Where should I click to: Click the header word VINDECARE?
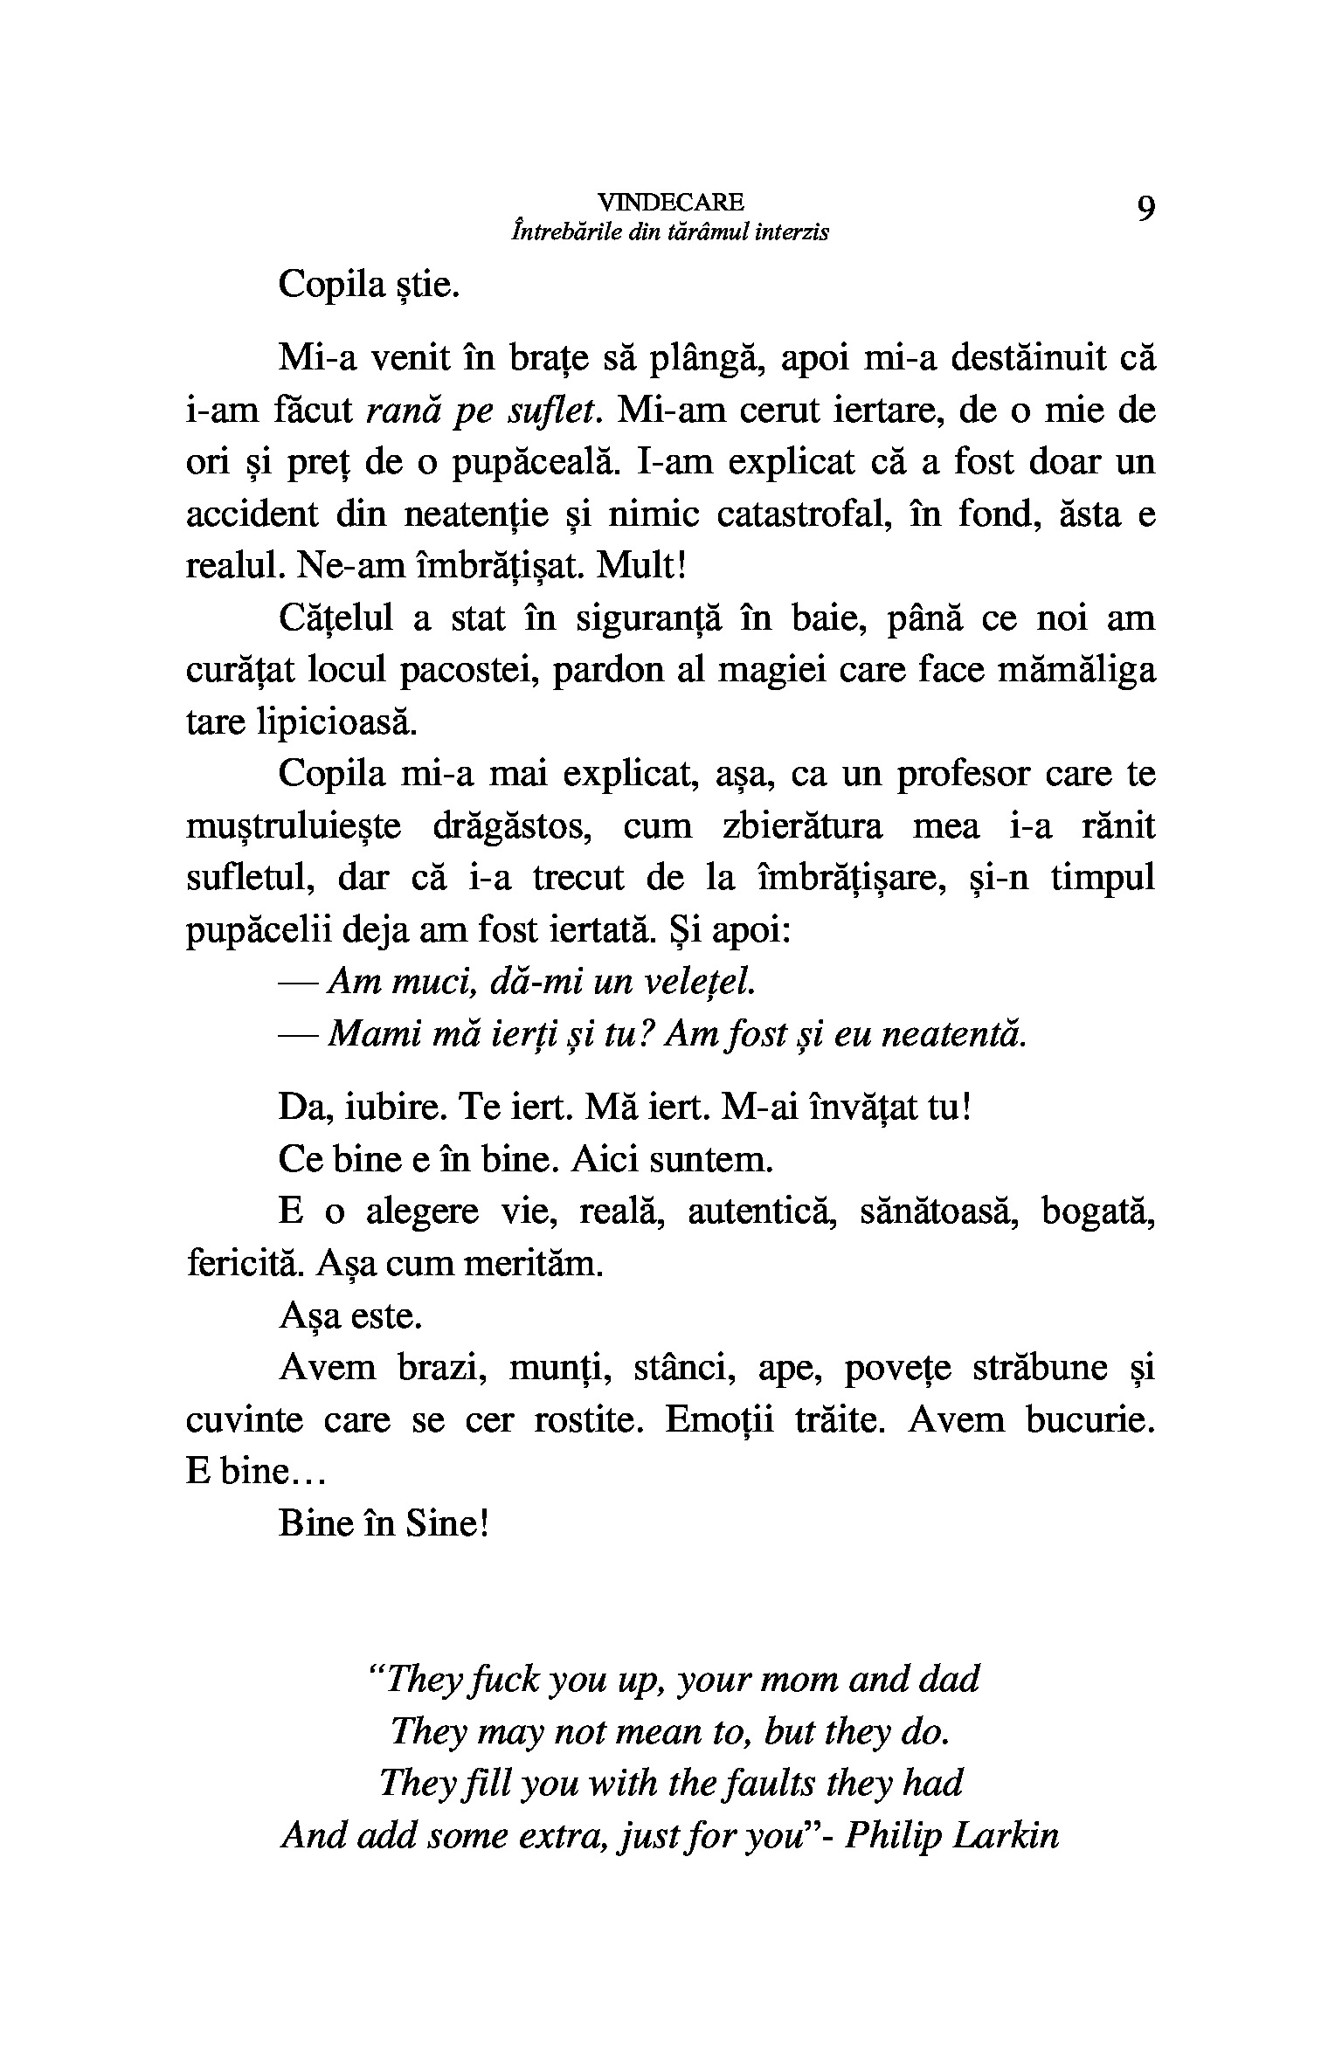click(670, 203)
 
